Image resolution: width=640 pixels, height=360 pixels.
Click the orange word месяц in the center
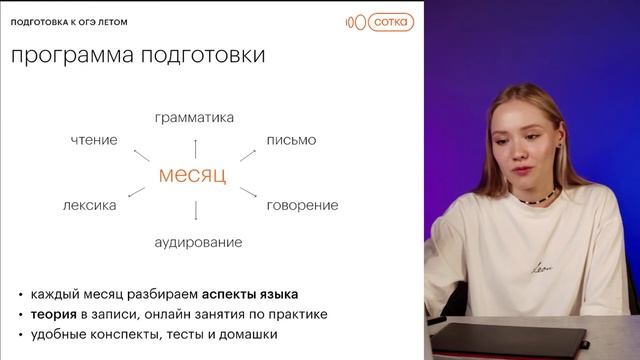[193, 176]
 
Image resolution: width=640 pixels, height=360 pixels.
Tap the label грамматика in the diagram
[194, 118]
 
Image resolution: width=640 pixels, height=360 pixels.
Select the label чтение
[94, 140]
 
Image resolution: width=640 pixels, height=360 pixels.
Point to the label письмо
[291, 140]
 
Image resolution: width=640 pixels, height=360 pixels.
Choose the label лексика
[89, 205]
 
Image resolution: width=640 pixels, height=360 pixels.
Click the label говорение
[302, 205]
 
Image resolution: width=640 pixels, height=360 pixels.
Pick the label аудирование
[198, 242]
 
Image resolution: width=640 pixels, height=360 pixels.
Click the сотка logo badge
[390, 20]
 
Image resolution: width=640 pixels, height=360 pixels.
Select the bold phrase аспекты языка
[250, 295]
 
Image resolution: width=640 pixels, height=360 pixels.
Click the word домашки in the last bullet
[246, 334]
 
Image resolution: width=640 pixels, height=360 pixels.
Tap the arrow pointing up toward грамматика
[195, 141]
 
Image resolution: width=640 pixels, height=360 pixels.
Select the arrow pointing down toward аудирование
[195, 211]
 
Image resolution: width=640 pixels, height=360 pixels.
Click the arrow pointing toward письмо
[246, 154]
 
